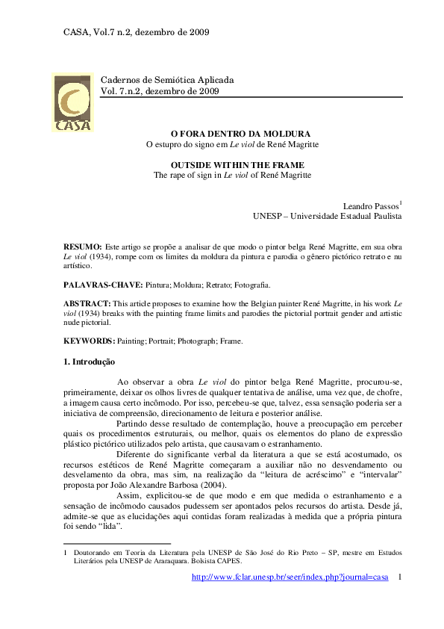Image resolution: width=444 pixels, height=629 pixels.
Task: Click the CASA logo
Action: click(x=72, y=103)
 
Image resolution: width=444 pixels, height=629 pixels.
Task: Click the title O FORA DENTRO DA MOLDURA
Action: click(x=236, y=132)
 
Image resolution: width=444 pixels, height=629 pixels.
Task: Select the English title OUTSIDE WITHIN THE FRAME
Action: click(x=237, y=164)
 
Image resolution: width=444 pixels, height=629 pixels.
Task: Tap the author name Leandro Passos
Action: click(x=370, y=205)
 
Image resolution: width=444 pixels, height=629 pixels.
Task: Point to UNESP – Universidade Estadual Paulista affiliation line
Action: click(x=327, y=216)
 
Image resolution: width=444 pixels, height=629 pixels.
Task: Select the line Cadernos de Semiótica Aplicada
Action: click(x=167, y=79)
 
